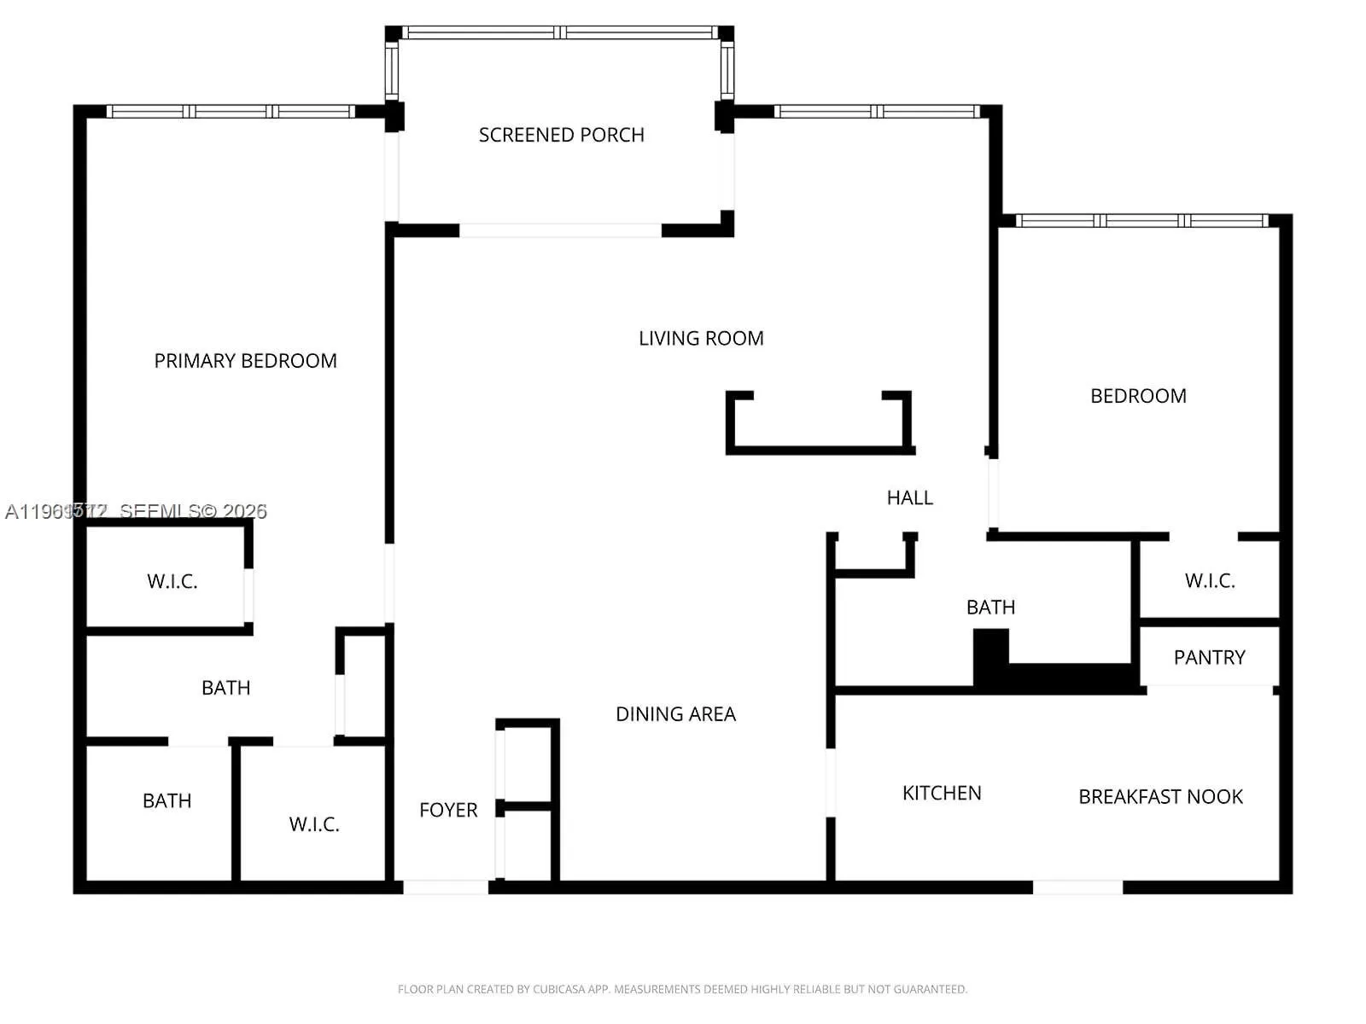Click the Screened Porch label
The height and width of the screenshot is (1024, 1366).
561,135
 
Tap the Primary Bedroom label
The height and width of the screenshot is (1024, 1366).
245,361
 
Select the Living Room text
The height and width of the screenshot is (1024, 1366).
701,339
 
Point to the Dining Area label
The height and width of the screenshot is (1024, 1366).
675,714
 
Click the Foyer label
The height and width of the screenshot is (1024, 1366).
448,810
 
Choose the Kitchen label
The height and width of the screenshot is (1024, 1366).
942,794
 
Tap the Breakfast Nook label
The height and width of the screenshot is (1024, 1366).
1160,797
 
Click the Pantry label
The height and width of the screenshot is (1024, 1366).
1209,658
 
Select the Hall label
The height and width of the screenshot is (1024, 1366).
909,497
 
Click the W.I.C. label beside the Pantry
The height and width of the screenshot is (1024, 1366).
1210,581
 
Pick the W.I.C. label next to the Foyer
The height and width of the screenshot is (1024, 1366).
314,824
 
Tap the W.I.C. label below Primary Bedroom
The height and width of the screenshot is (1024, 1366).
172,582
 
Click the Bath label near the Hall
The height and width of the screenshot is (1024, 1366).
990,608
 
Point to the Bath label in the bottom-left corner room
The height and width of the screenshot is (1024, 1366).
167,801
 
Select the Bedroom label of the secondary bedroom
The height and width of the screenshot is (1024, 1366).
1138,396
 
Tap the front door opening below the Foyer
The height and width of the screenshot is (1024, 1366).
445,887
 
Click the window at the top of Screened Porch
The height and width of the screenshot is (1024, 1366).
560,32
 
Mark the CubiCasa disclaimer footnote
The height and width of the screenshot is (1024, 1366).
682,990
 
